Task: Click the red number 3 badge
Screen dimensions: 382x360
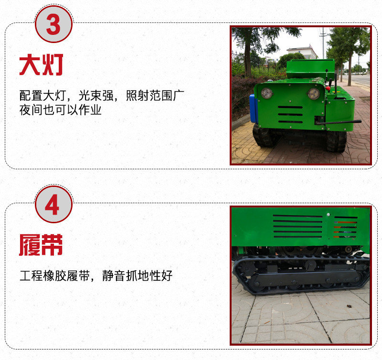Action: (x=53, y=23)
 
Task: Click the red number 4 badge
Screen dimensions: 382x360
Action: (x=53, y=204)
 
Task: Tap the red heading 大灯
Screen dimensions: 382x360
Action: (x=41, y=65)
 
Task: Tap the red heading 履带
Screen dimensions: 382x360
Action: (x=41, y=245)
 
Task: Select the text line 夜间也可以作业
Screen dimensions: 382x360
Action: (x=61, y=110)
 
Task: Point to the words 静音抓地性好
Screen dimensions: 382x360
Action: (x=137, y=275)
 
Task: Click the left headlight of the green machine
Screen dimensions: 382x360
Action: (x=267, y=93)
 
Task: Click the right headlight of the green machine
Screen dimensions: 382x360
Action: (x=314, y=94)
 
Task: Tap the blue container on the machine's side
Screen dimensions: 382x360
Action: (x=254, y=109)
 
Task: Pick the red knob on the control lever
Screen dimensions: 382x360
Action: (x=328, y=88)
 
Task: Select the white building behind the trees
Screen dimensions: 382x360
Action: (x=302, y=53)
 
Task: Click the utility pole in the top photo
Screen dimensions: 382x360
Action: (x=323, y=43)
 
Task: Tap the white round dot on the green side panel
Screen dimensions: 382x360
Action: (x=328, y=215)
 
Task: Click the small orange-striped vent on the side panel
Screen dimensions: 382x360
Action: (x=345, y=227)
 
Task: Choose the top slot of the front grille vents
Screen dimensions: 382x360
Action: (x=290, y=107)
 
